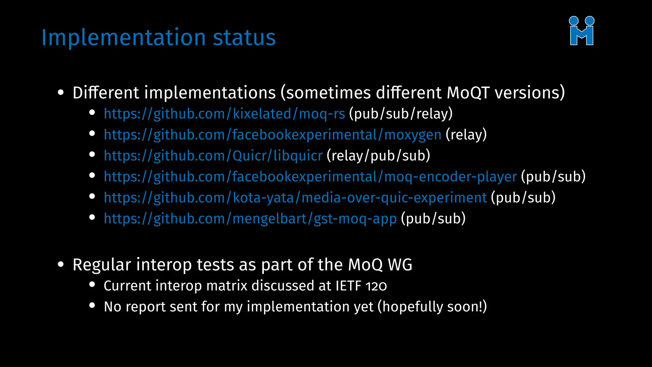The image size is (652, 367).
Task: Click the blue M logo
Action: (582, 31)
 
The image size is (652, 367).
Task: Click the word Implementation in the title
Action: (124, 38)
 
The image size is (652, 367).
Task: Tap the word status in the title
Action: (244, 38)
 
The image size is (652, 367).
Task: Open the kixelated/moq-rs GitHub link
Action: (224, 114)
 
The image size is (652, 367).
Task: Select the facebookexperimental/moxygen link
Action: (273, 135)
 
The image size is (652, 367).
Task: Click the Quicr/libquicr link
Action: (213, 156)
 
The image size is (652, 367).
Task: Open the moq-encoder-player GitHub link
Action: (310, 177)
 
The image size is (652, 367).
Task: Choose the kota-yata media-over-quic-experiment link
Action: (295, 198)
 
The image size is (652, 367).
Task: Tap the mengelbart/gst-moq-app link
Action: (250, 219)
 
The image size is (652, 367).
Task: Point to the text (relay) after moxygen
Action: (466, 135)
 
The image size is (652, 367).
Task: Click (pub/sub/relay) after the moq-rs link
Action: (401, 114)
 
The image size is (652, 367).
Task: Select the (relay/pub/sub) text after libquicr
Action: (378, 156)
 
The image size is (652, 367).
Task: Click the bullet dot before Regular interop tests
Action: (61, 264)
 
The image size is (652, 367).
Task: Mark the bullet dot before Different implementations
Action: (61, 93)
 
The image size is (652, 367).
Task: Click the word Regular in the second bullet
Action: (102, 265)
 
